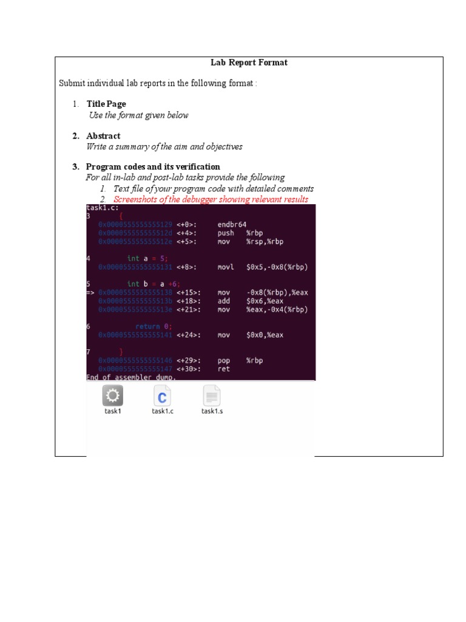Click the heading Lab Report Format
click(x=249, y=63)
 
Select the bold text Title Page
click(x=106, y=104)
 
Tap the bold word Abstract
click(x=103, y=136)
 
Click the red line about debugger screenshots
click(x=211, y=199)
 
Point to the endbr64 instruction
click(x=232, y=224)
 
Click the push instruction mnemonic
click(x=226, y=233)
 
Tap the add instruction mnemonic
click(x=224, y=301)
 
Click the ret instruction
click(x=224, y=369)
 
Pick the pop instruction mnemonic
click(x=224, y=360)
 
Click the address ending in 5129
click(x=135, y=224)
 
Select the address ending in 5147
click(x=135, y=369)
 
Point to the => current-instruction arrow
click(x=90, y=292)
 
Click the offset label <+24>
click(x=186, y=335)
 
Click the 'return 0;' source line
click(x=154, y=326)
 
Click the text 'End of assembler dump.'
click(x=131, y=377)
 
